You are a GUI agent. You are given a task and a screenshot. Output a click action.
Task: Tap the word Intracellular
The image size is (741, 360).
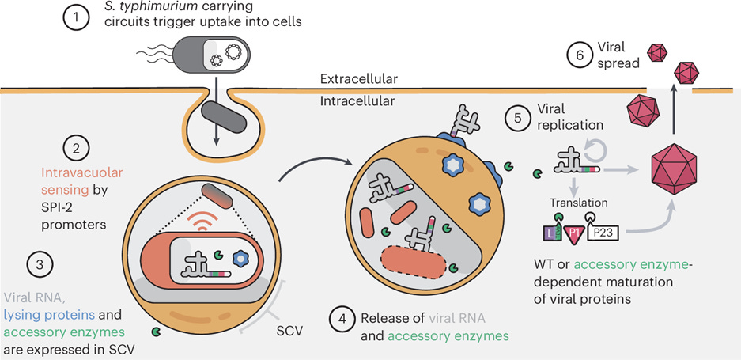click(357, 100)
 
